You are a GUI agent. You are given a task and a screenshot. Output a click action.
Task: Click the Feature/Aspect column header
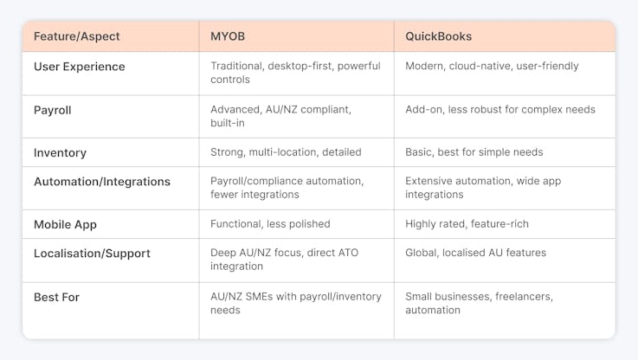coord(76,36)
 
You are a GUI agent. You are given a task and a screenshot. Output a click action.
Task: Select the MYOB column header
coord(228,36)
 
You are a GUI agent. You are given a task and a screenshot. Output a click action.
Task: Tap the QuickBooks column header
coord(438,36)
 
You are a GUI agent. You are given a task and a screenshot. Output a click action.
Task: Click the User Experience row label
coord(80,67)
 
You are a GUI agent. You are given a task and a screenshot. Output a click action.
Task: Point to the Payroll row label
coord(53,110)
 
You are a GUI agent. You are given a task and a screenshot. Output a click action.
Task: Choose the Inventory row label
coord(60,153)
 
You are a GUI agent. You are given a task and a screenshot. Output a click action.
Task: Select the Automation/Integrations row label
coord(102,182)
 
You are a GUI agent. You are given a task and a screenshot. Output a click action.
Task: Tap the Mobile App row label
coord(65,224)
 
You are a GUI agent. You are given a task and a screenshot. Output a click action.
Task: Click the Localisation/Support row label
coord(92,254)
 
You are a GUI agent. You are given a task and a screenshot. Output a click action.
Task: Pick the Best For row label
coord(56,298)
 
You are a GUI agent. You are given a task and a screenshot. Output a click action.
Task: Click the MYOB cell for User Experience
coord(295,73)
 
